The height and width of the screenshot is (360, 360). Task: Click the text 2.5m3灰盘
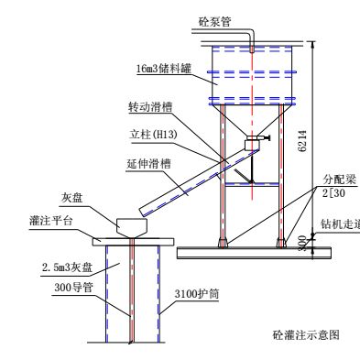[x=63, y=267]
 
